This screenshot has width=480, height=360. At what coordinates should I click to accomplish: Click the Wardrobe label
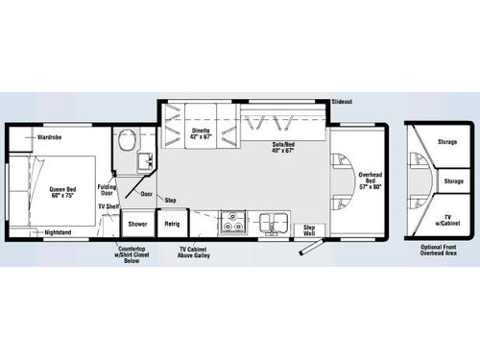pyautogui.click(x=50, y=137)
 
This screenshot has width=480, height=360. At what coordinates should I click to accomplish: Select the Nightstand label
pyautogui.click(x=58, y=232)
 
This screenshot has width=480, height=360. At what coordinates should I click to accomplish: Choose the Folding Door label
pyautogui.click(x=108, y=189)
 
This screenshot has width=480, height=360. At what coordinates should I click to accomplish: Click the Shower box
pyautogui.click(x=137, y=224)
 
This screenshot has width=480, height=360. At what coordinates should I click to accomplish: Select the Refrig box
pyautogui.click(x=172, y=224)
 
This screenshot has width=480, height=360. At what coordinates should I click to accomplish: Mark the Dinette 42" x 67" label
pyautogui.click(x=201, y=133)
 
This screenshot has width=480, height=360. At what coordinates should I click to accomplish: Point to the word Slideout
pyautogui.click(x=342, y=101)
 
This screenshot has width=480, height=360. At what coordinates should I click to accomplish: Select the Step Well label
pyautogui.click(x=309, y=229)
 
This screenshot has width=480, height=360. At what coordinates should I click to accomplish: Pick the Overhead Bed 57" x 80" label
pyautogui.click(x=371, y=180)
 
